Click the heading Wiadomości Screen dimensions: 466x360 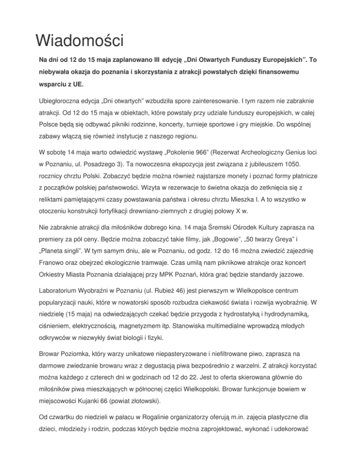pos(79,40)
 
